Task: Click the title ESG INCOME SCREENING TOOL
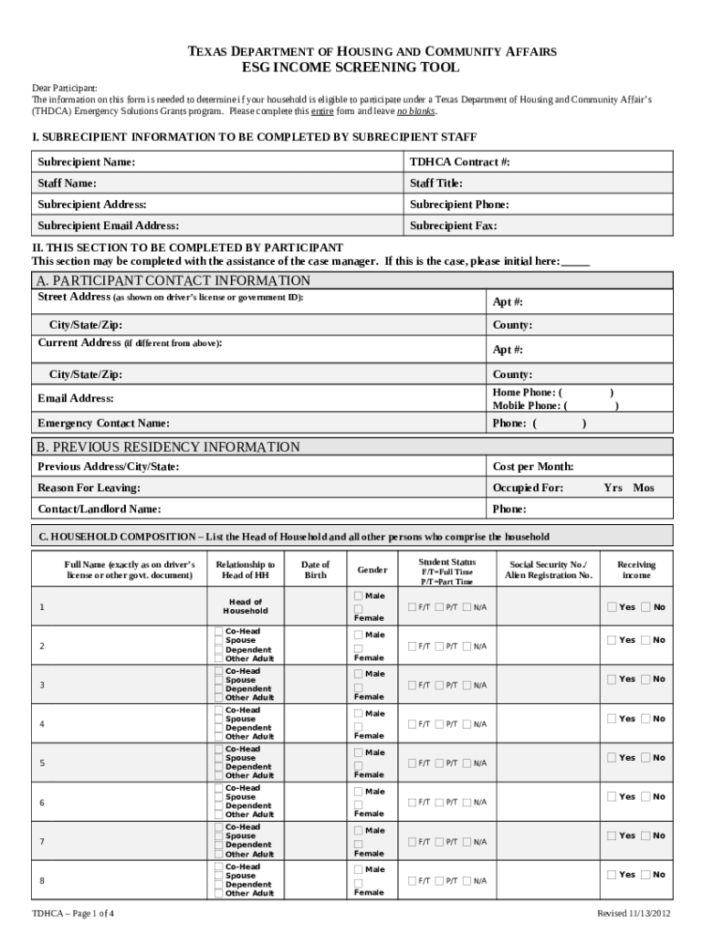[351, 68]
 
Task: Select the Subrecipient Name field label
[86, 162]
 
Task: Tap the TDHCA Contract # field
[459, 162]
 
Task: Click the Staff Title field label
[435, 184]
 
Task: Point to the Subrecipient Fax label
[453, 226]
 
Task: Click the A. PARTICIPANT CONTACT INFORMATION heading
[173, 280]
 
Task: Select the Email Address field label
[75, 398]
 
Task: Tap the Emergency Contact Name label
[103, 424]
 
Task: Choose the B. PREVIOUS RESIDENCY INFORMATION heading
[167, 447]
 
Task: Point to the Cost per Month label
[533, 467]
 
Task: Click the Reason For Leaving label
[89, 488]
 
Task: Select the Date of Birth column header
[315, 570]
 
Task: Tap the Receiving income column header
[636, 570]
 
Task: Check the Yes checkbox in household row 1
[612, 607]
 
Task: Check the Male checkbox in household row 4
[358, 714]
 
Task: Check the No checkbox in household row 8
[646, 875]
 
